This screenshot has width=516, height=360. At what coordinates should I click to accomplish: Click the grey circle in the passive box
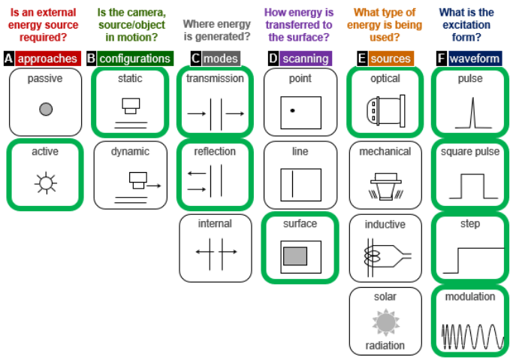[46, 110]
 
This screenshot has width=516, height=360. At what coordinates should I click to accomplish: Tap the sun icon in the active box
[46, 182]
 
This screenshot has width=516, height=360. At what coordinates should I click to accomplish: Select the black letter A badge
[8, 58]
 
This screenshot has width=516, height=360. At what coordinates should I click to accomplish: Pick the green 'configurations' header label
[134, 58]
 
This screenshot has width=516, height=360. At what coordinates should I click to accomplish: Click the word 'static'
[130, 78]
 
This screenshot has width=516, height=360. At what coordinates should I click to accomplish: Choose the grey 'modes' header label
[221, 58]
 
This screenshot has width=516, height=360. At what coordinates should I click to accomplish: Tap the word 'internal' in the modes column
[215, 223]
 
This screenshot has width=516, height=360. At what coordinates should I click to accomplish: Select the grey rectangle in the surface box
[295, 256]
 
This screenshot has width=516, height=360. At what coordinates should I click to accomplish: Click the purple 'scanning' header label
[305, 58]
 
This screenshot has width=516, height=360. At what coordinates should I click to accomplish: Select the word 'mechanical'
[385, 151]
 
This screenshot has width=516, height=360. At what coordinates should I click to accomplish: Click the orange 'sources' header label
[391, 58]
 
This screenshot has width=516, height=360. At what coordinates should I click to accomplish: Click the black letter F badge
[440, 58]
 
